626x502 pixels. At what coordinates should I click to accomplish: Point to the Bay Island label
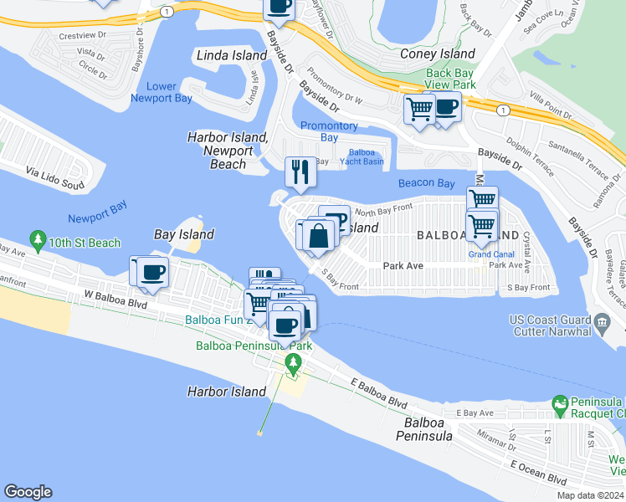point(184,234)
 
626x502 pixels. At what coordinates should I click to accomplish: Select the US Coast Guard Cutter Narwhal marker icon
point(602,322)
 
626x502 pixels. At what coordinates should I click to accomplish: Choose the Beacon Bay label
point(426,183)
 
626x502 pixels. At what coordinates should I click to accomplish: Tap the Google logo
point(28,492)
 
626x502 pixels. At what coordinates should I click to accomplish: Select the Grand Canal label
point(485,254)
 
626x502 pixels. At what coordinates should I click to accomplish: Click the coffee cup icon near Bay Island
point(151,272)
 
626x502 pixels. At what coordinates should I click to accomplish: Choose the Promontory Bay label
point(329,131)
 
